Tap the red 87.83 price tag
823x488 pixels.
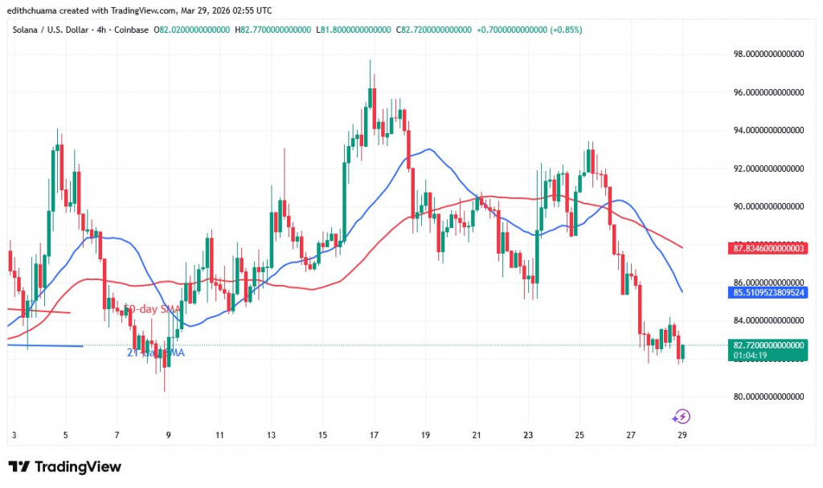pos(768,249)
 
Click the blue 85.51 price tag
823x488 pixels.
pos(768,293)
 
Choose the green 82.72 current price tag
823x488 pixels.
pos(768,344)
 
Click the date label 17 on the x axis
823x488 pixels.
pos(374,435)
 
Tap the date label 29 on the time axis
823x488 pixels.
pos(682,435)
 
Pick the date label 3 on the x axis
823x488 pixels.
pos(14,435)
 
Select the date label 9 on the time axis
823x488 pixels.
pos(168,435)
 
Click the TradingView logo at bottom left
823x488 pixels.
pos(64,467)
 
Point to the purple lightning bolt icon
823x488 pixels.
pos(682,416)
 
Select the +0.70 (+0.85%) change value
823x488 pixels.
pos(530,30)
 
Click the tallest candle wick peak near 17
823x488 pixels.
pos(370,61)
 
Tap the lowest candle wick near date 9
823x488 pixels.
pos(164,390)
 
